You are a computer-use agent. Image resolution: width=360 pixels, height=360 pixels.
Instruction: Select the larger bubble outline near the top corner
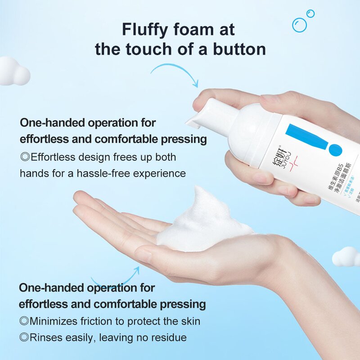[x=299, y=25]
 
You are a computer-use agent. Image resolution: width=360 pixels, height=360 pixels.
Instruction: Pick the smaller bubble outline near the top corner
[x=310, y=13]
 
